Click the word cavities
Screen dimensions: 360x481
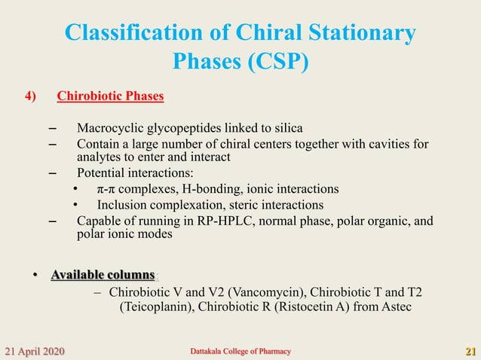[x=386, y=143]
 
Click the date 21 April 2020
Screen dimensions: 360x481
[x=35, y=351]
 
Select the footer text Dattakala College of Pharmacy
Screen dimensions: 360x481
[x=239, y=352]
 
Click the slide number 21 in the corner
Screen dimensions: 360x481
[x=470, y=351]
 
